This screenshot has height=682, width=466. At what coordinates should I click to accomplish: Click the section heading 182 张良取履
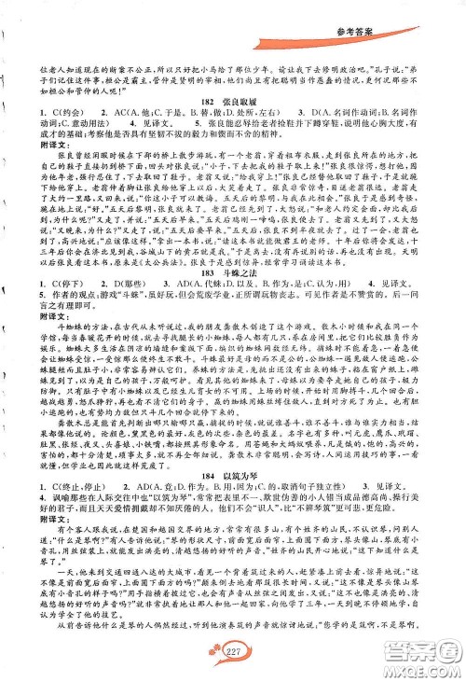pos(230,124)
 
